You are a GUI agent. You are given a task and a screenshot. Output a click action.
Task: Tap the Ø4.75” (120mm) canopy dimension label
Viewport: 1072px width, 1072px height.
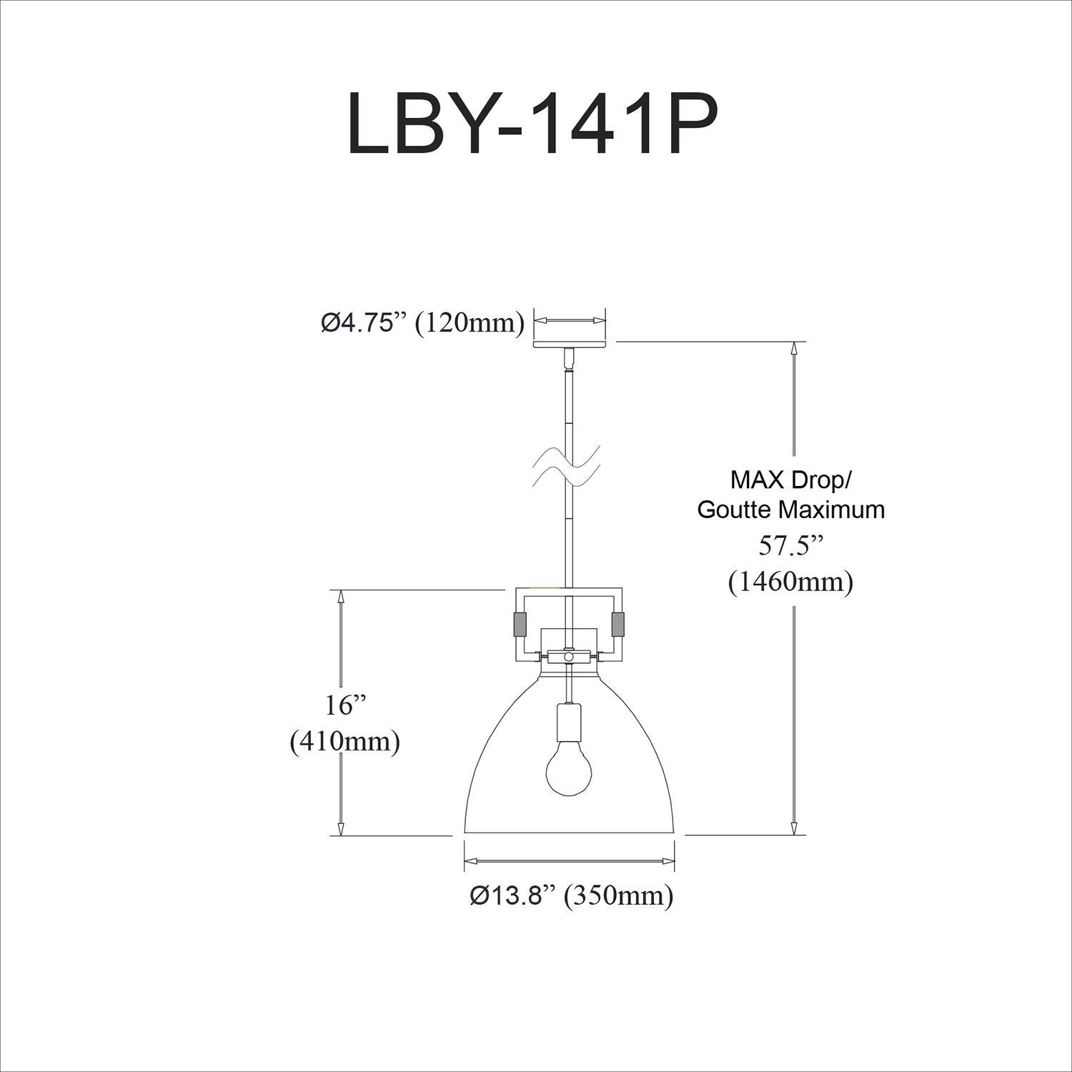click(422, 323)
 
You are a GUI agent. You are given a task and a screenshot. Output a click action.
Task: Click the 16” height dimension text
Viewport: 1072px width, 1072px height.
click(346, 705)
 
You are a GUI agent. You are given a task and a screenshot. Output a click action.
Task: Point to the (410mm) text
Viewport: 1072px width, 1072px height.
click(344, 742)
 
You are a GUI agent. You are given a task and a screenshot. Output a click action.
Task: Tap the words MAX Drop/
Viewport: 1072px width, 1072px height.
click(790, 479)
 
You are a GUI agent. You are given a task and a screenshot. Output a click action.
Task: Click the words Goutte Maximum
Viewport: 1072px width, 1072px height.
click(790, 510)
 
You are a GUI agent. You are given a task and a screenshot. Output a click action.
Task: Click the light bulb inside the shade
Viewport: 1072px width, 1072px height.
click(569, 770)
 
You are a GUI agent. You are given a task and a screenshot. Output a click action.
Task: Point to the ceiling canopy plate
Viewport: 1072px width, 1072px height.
click(570, 344)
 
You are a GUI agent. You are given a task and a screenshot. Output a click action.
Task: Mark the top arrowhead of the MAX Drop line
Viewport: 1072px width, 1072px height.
click(794, 349)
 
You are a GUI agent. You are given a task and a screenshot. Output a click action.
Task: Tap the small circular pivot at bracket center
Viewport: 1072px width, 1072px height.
click(569, 656)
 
